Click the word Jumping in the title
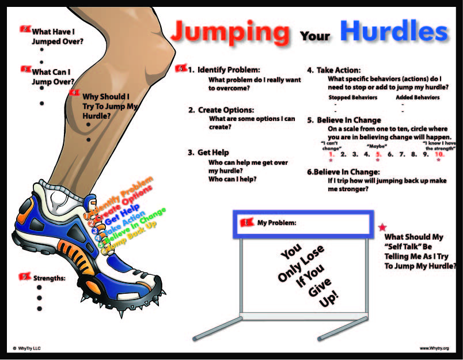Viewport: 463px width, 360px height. coord(230,32)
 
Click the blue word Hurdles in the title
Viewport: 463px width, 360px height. coord(393,31)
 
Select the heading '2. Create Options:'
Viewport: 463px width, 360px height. coord(221,110)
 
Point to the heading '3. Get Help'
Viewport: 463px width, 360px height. coord(208,153)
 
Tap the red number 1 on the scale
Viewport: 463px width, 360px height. coord(331,154)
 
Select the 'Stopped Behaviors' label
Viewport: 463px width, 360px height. coord(352,98)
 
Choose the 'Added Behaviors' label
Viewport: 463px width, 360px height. coord(418,98)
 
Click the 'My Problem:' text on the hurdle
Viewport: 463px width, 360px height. coord(276,223)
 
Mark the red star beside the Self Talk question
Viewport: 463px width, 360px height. coord(381,228)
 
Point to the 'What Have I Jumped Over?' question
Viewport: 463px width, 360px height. coord(57,37)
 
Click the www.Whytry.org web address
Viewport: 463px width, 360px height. coord(434,348)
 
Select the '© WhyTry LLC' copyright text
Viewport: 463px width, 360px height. coord(26,348)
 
